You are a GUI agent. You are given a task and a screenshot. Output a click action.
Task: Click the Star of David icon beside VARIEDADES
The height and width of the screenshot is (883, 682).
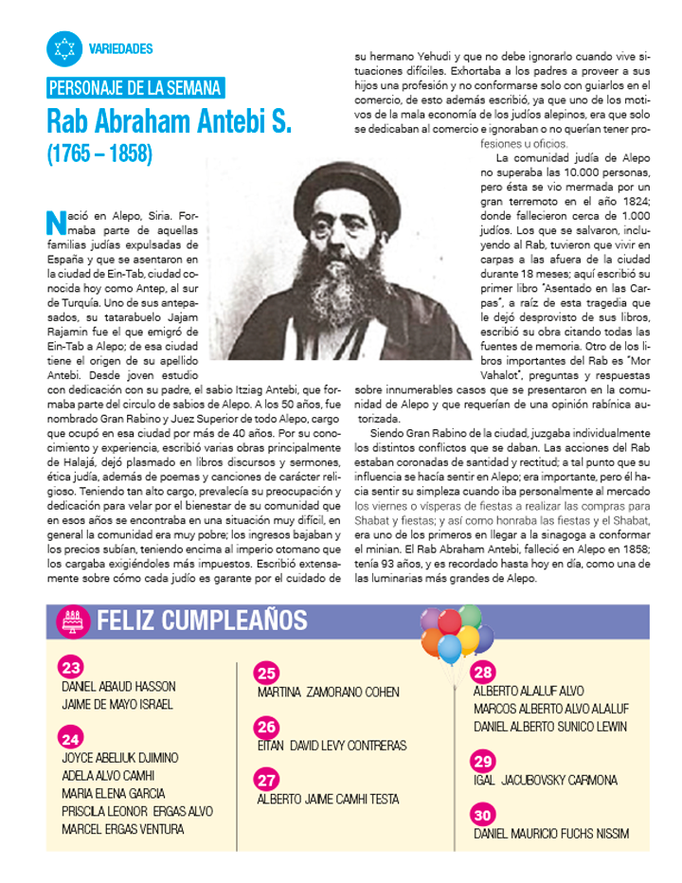(64, 48)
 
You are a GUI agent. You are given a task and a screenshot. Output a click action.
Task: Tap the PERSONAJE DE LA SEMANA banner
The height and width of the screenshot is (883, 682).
(135, 89)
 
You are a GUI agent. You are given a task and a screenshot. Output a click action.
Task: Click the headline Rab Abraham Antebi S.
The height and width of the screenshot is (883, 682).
(170, 121)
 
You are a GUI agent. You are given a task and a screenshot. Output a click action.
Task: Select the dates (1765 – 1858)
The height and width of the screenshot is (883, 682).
(99, 153)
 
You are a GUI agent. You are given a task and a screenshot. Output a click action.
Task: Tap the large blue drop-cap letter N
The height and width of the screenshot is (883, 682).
(55, 223)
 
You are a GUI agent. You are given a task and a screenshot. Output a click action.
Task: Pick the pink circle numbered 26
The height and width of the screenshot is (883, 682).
(267, 727)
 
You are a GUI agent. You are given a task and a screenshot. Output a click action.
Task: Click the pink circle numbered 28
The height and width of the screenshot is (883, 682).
(483, 673)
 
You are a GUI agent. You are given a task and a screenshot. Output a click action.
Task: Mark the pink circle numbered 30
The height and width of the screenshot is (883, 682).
(483, 815)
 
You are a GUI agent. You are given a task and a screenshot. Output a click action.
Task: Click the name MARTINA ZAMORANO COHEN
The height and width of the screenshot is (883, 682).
(329, 693)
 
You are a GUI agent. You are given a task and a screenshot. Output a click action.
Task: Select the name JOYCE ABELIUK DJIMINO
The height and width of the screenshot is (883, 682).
(120, 758)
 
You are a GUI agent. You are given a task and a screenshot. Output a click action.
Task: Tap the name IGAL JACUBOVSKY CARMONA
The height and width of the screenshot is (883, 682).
(546, 781)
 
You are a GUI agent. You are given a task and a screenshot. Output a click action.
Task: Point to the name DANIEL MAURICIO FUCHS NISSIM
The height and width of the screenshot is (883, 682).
(551, 834)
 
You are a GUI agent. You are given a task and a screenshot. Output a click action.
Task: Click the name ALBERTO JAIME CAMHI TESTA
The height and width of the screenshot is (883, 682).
(329, 800)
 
